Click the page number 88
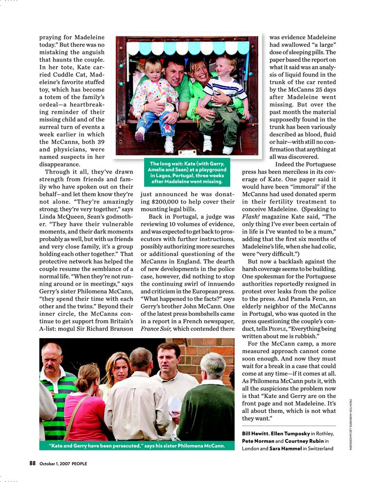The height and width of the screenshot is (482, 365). coord(33,463)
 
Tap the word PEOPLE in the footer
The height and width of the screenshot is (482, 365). coord(79,464)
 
